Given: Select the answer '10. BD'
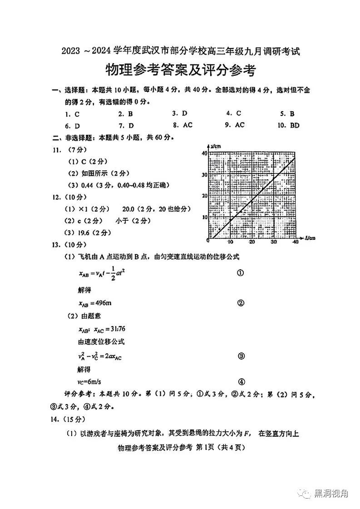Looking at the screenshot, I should pos(289,125).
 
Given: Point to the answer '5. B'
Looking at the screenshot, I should pos(287,114).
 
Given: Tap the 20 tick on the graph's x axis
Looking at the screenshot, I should pos(252,242).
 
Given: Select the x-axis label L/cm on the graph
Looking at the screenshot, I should pos(310,237).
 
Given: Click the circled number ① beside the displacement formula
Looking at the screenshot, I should pos(241,273).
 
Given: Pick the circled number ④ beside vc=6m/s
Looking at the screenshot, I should pos(242,381).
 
